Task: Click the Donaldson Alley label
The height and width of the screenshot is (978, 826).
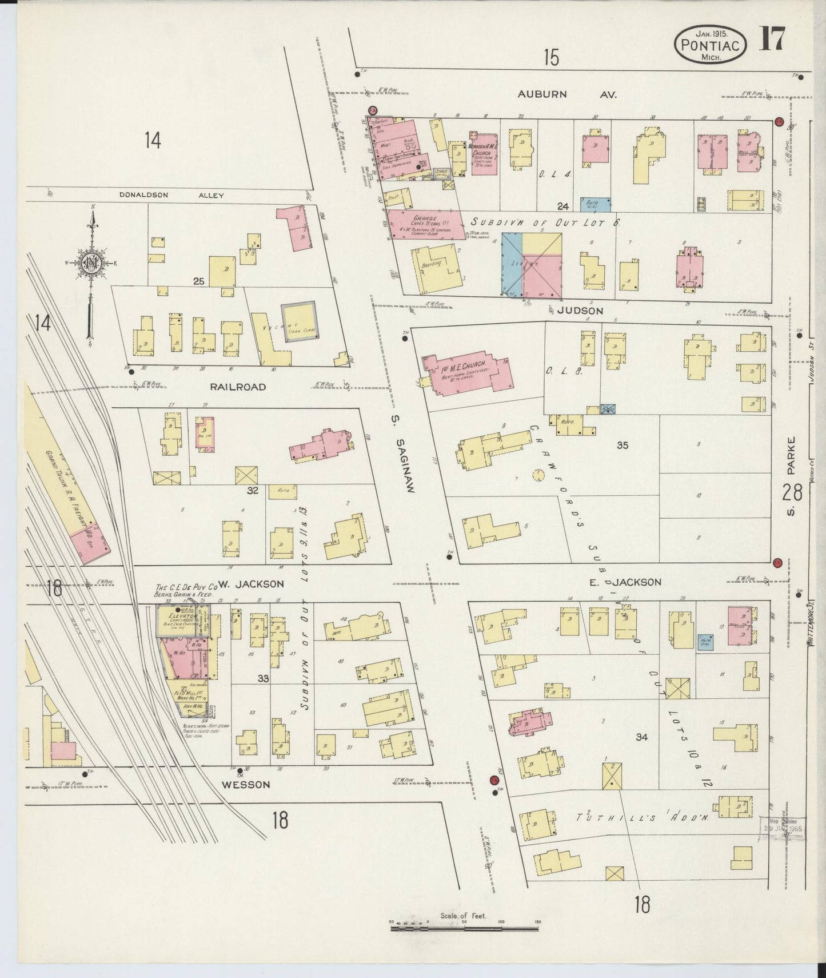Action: point(171,195)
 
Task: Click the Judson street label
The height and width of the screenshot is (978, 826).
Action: point(580,311)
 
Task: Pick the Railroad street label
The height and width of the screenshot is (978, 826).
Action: point(238,387)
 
